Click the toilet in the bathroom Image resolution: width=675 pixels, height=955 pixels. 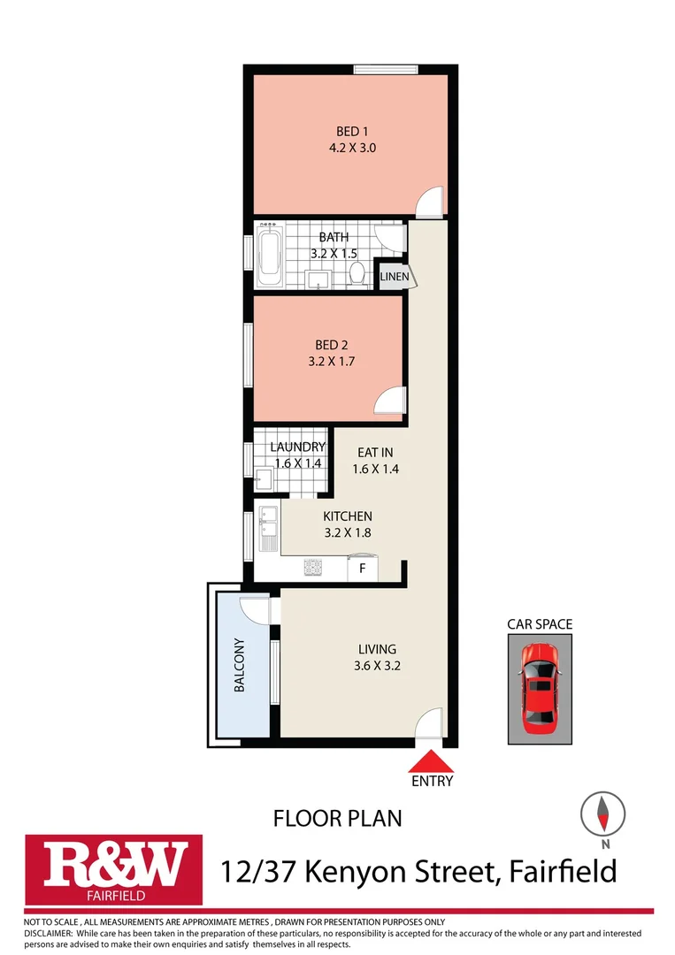358,271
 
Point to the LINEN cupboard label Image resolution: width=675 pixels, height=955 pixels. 394,277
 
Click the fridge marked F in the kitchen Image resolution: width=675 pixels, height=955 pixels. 362,569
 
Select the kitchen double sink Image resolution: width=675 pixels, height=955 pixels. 268,528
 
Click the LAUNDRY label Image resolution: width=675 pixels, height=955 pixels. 298,447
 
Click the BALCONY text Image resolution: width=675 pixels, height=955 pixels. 239,665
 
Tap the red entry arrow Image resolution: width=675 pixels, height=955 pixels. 432,760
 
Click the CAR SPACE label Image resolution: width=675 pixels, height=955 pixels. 539,624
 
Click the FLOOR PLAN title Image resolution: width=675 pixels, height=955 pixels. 337,818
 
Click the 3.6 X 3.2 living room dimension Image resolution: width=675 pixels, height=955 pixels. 379,667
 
